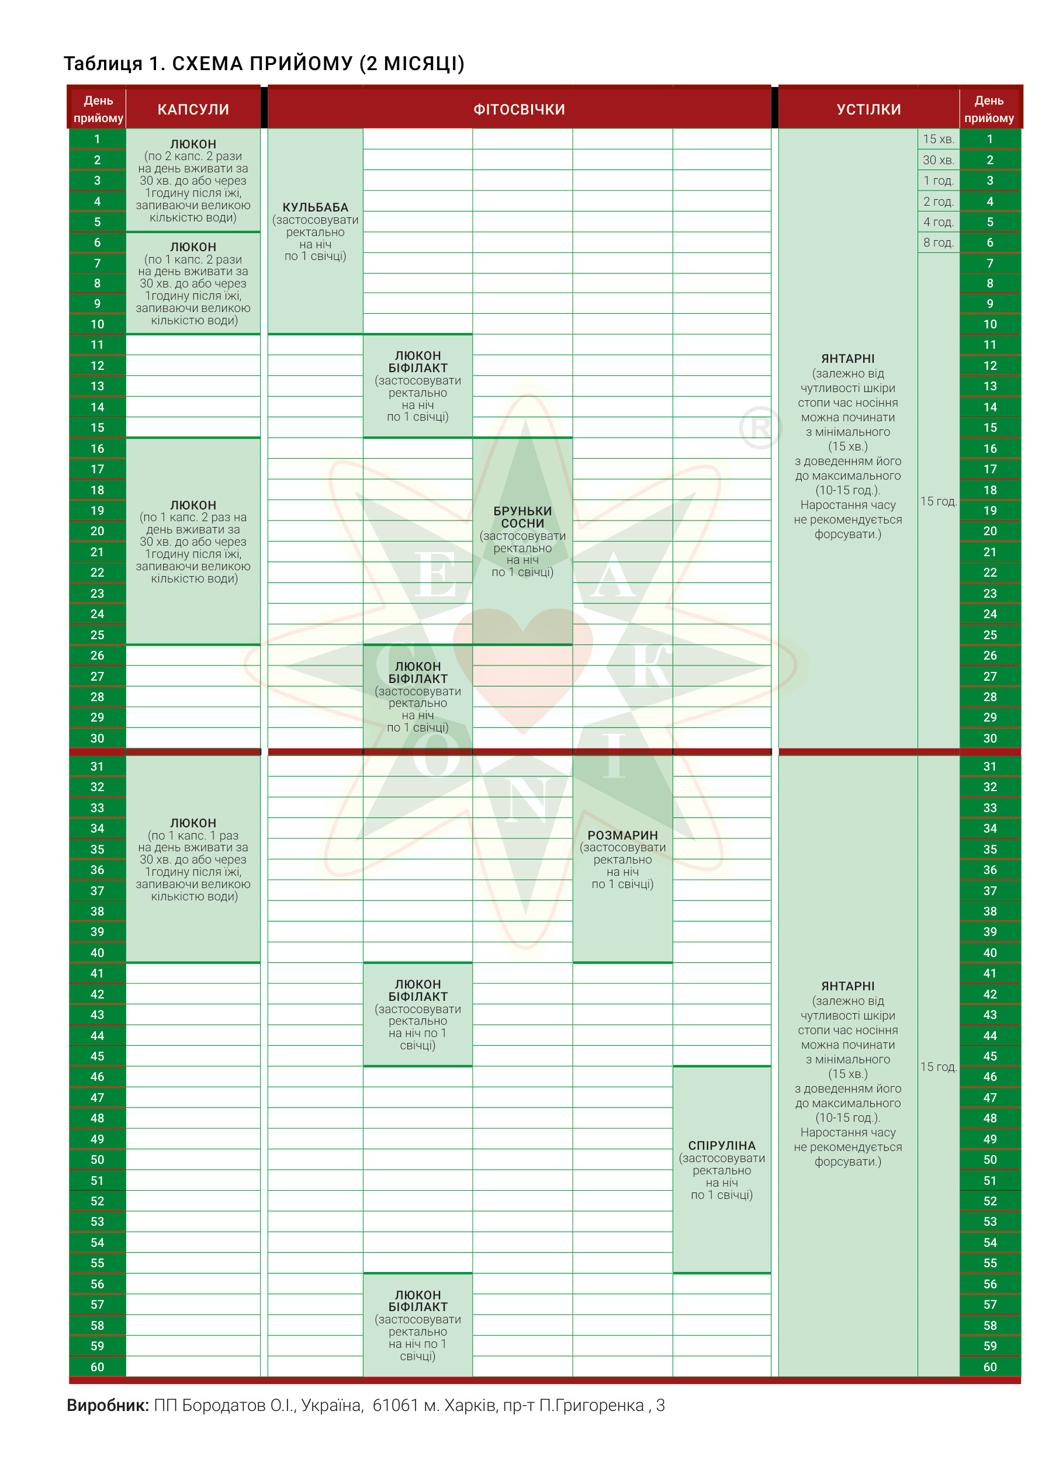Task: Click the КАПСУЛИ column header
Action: click(193, 109)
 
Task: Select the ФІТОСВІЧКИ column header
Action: click(519, 109)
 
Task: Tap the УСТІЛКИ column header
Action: click(868, 109)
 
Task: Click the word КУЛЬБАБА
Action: click(315, 207)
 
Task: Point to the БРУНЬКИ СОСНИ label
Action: click(522, 517)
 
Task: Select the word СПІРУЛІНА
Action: click(722, 1146)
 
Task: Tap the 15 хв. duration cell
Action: click(938, 139)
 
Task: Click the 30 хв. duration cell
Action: click(938, 160)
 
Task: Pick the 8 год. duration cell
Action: click(938, 242)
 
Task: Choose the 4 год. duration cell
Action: click(938, 221)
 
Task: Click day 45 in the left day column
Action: click(97, 1056)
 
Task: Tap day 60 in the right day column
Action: click(989, 1367)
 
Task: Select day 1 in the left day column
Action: click(97, 139)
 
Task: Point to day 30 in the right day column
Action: click(989, 738)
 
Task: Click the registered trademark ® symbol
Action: click(760, 428)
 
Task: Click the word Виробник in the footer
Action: click(107, 1405)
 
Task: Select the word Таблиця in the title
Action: click(103, 63)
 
